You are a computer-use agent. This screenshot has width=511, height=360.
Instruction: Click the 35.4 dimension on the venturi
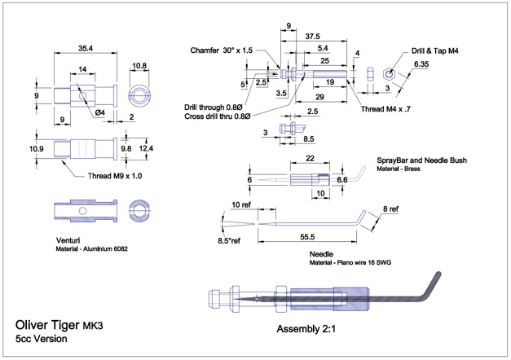click(86, 48)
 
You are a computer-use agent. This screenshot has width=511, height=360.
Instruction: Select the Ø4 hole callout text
click(100, 112)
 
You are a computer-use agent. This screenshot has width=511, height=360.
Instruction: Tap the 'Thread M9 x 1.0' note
click(115, 176)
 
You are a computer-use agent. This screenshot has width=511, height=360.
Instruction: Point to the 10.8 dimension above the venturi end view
click(139, 66)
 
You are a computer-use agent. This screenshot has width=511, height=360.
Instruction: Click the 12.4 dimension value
click(146, 148)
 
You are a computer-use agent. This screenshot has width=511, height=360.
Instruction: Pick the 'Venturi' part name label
click(68, 240)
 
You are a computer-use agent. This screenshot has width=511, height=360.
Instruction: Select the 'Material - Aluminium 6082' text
click(91, 249)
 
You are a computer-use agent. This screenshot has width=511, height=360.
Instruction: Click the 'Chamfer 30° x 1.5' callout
click(222, 50)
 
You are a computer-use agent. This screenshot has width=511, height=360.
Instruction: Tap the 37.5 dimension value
click(312, 37)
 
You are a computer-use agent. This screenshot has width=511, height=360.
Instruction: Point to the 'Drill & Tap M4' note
click(434, 50)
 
